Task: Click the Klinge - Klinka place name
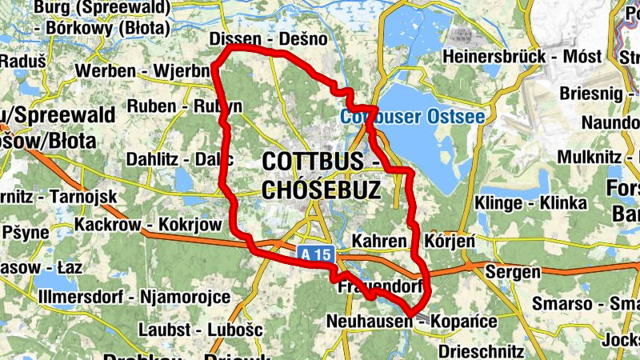pyautogui.click(x=530, y=203)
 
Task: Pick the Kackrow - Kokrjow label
pyautogui.click(x=148, y=225)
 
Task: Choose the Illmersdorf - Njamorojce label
pyautogui.click(x=134, y=298)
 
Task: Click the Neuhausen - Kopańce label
pyautogui.click(x=412, y=322)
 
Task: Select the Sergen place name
pyautogui.click(x=513, y=273)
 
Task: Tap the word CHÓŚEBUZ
pyautogui.click(x=320, y=190)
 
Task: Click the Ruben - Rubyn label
pyautogui.click(x=184, y=106)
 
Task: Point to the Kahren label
pyautogui.click(x=384, y=241)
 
